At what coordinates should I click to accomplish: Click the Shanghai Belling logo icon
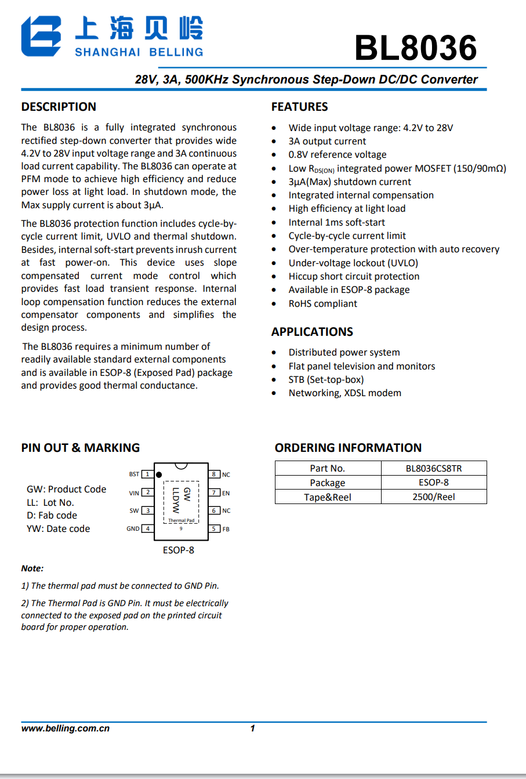[x=41, y=36]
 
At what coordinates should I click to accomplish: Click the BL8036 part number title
[x=416, y=48]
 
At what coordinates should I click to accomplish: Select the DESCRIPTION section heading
[x=59, y=107]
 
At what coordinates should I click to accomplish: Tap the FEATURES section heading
[x=299, y=107]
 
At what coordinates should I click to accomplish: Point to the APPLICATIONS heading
[x=312, y=332]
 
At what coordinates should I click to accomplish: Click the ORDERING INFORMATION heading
[x=348, y=448]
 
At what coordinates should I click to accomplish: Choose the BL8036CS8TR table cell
[x=433, y=468]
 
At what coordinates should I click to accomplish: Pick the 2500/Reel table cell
[x=433, y=497]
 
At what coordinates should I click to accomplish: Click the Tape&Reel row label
[x=328, y=497]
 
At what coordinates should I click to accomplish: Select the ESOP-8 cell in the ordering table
[x=433, y=483]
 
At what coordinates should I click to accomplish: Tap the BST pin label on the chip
[x=134, y=474]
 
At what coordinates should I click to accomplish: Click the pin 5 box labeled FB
[x=214, y=528]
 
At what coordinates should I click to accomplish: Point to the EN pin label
[x=226, y=493]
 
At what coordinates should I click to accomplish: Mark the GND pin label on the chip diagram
[x=133, y=528]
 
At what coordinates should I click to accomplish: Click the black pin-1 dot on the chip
[x=159, y=475]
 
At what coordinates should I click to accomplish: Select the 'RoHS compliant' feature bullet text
[x=322, y=303]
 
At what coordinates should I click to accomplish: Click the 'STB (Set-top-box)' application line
[x=326, y=379]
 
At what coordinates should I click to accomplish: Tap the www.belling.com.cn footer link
[x=66, y=729]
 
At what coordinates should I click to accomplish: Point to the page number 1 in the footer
[x=252, y=729]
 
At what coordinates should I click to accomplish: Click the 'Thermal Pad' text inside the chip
[x=182, y=520]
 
